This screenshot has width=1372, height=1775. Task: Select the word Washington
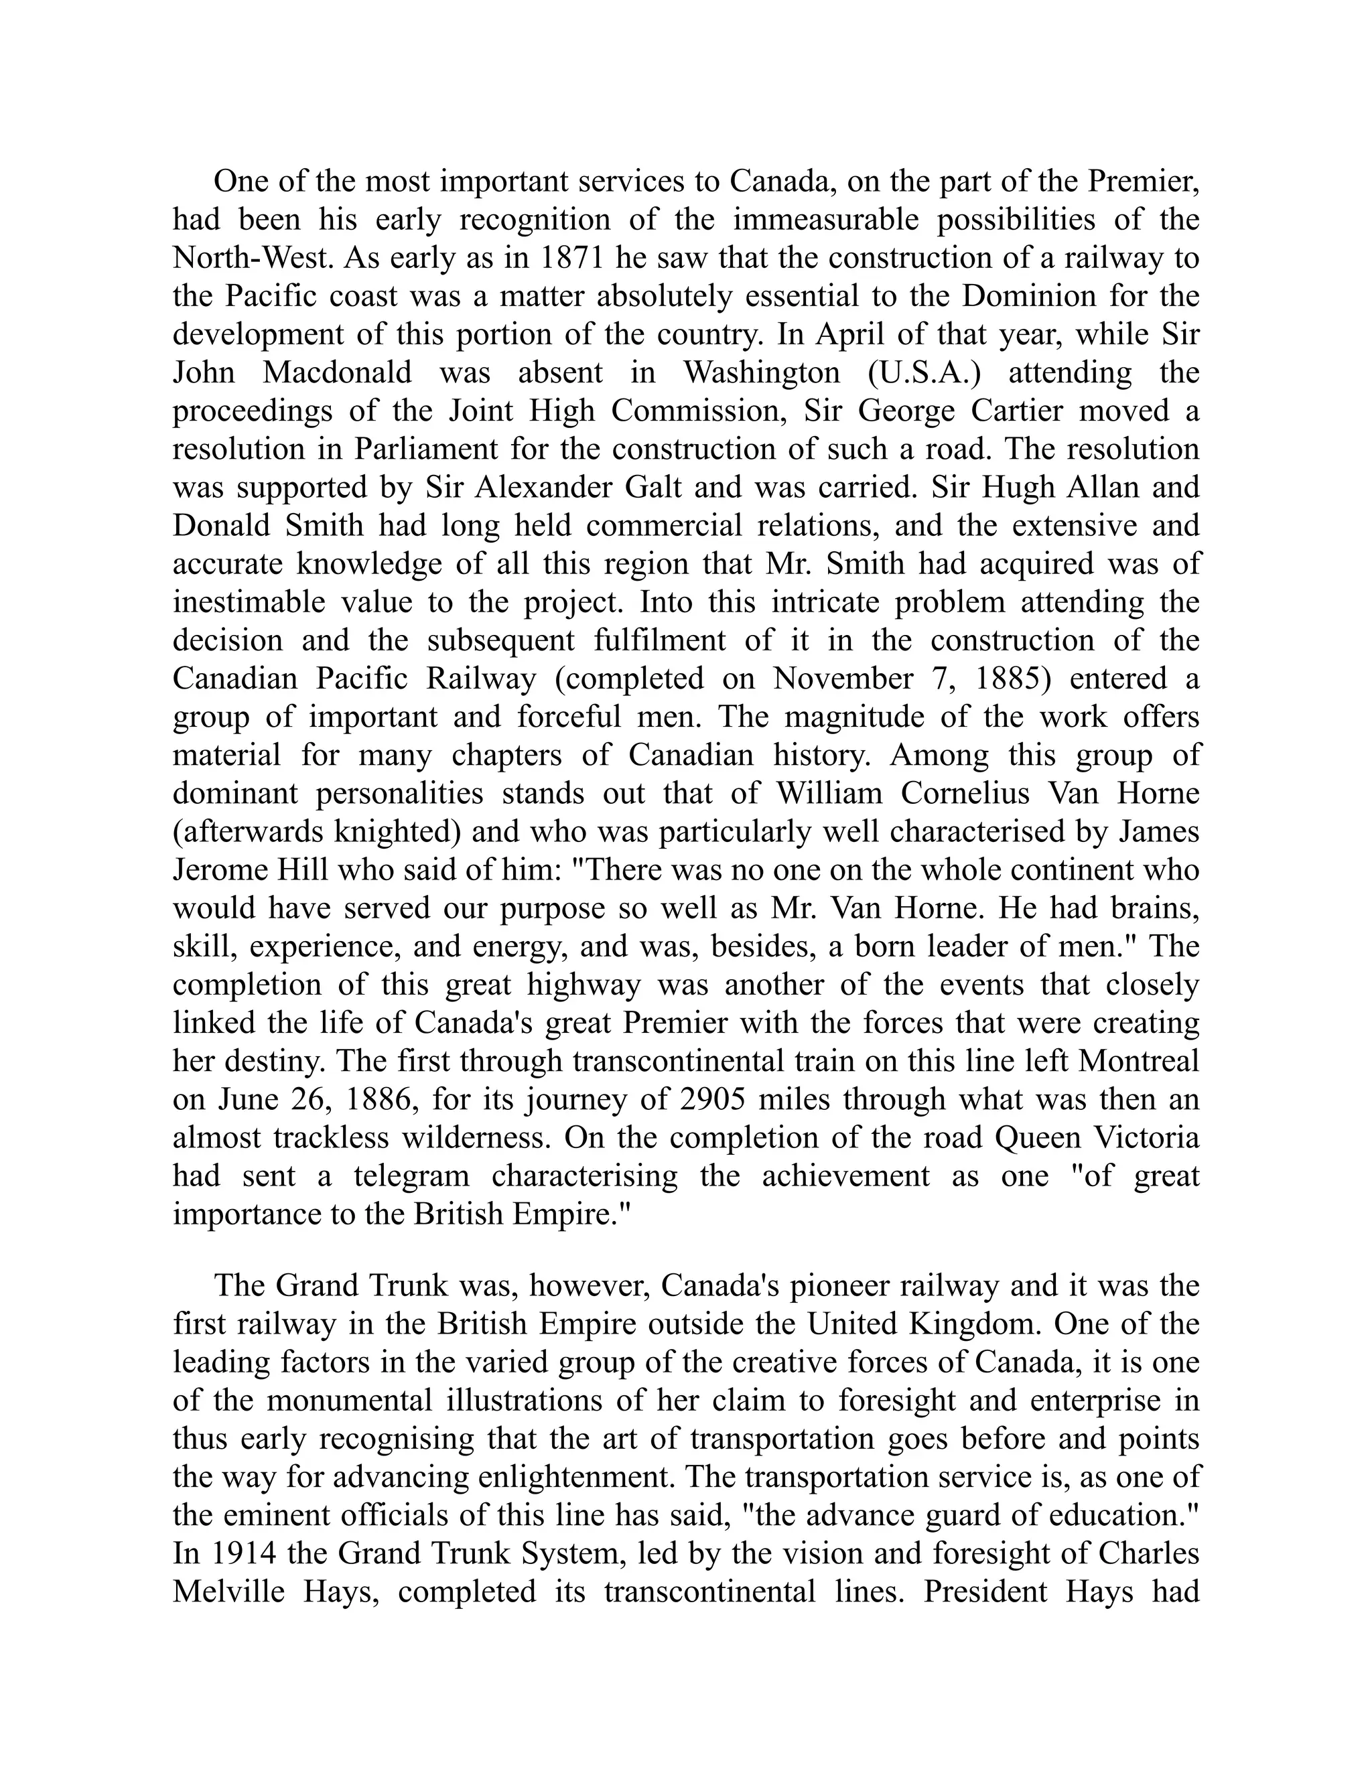[762, 372]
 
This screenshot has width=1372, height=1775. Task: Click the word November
[841, 679]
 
